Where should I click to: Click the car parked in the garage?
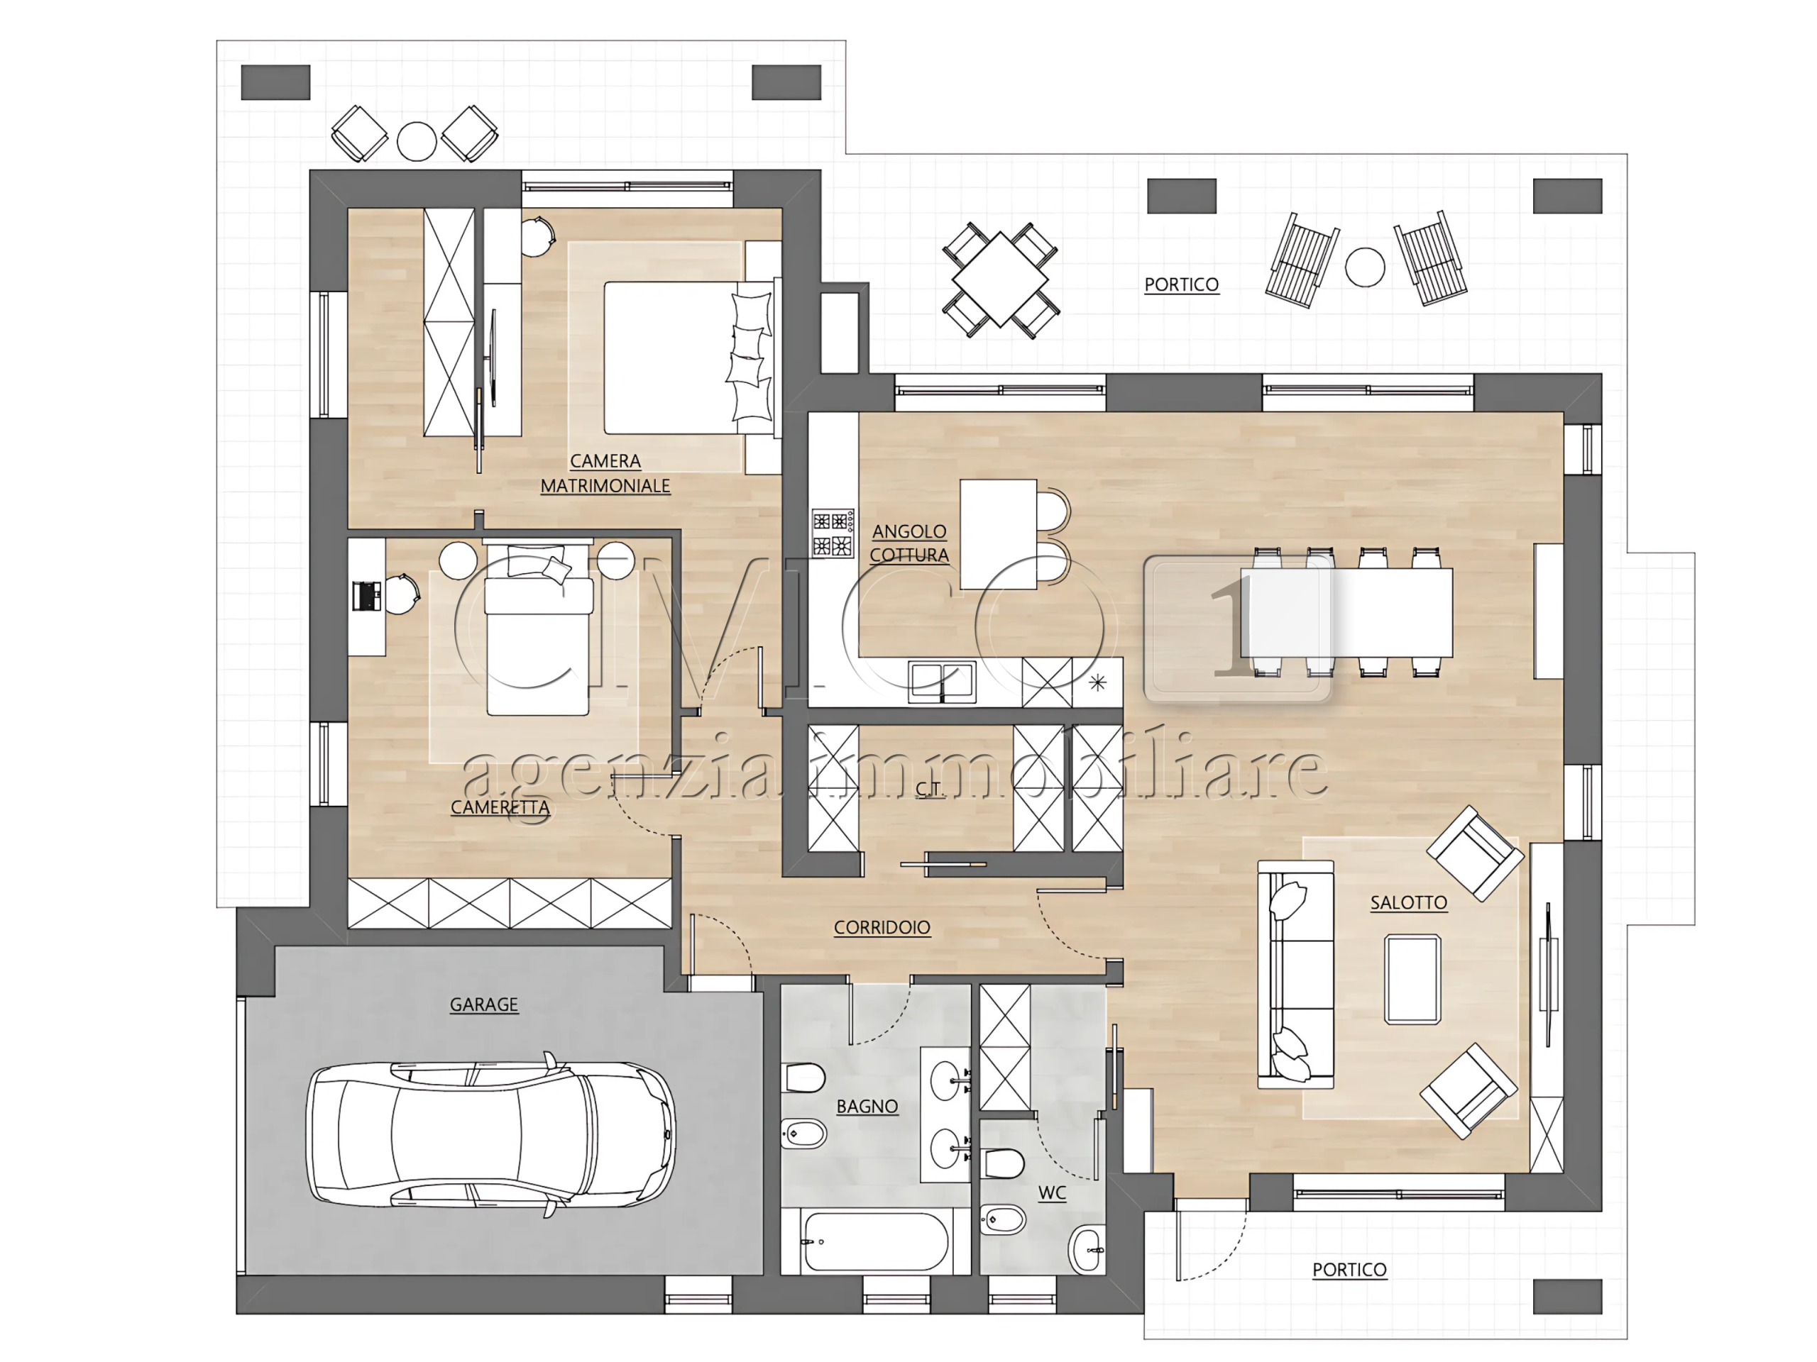(x=491, y=1134)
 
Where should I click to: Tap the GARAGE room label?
(x=484, y=1004)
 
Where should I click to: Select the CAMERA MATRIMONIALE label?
(x=605, y=474)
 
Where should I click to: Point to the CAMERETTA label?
(x=500, y=807)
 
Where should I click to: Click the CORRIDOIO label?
(x=882, y=927)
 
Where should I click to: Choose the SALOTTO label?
(x=1409, y=902)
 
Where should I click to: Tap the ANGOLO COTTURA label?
(x=909, y=543)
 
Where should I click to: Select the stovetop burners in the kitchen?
(x=832, y=533)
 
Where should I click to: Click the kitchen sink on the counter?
(x=941, y=682)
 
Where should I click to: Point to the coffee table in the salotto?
(x=1413, y=980)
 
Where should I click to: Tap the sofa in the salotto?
(x=1295, y=975)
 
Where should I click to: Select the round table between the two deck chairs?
(x=1365, y=267)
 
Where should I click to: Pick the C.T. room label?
(x=929, y=789)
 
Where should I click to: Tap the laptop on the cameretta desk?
(x=366, y=596)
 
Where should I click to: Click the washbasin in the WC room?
(x=1087, y=1249)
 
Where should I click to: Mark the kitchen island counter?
(x=998, y=534)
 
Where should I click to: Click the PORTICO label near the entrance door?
(x=1349, y=1269)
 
